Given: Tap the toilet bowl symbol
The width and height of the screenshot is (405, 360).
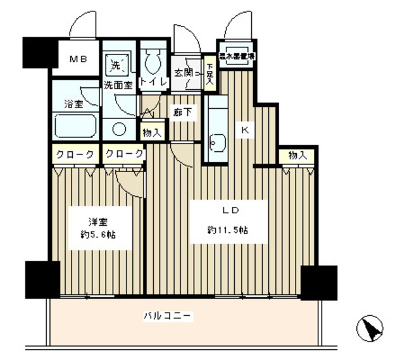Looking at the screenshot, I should coord(152,61).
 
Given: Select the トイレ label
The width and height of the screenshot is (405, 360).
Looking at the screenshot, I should coord(153,82).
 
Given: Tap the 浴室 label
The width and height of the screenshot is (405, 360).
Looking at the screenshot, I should coord(73,104).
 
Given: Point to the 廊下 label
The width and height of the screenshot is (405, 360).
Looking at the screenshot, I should coord(183,112).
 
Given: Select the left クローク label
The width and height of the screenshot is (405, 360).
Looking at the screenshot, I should coord(75,154).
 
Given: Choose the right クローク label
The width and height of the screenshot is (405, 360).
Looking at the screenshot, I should coord(123,154).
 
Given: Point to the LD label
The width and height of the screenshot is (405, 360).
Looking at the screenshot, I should coord(225,210).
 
